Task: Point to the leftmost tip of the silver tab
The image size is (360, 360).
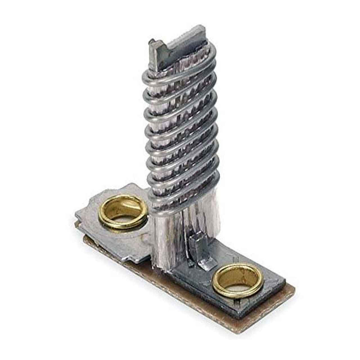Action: click(x=76, y=214)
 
